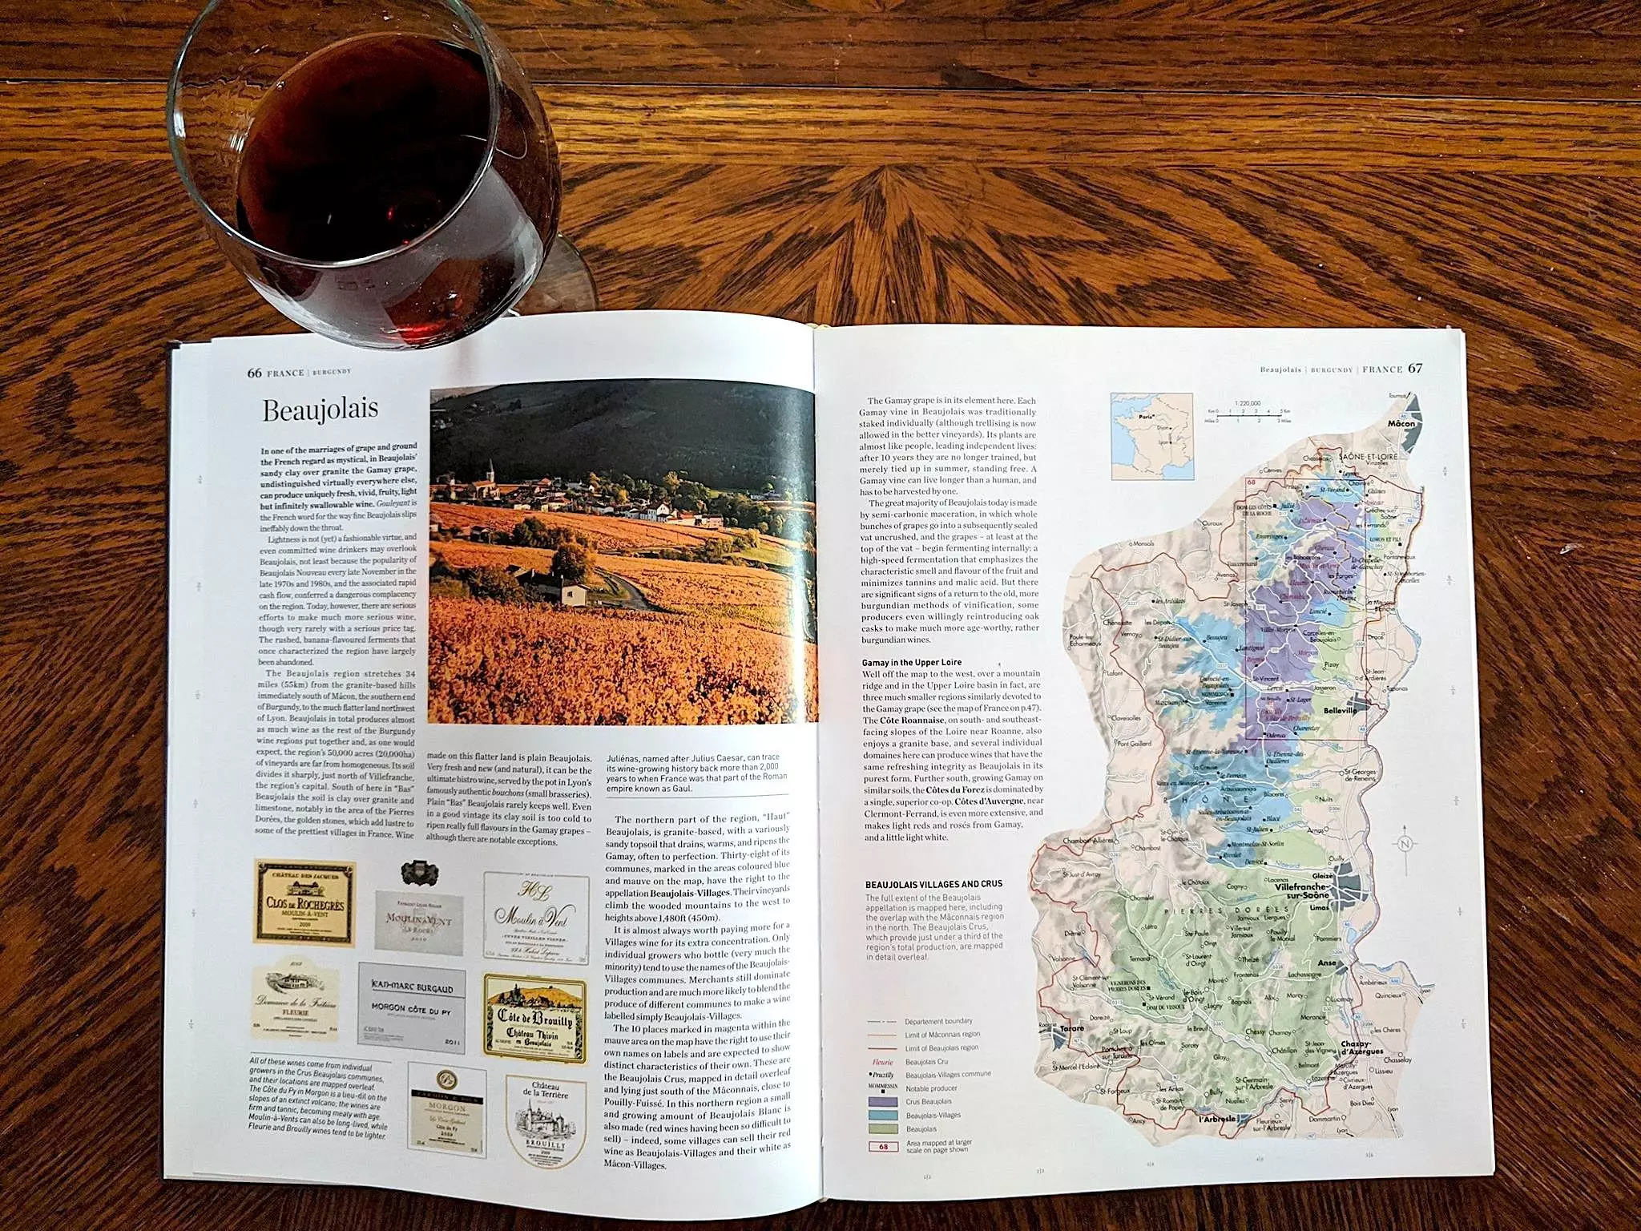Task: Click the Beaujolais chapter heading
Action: pos(320,410)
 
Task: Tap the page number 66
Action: pos(254,373)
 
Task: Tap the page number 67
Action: pos(1415,369)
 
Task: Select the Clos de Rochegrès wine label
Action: pos(304,902)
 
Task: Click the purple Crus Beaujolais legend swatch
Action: pos(882,1101)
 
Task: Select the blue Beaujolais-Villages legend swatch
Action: pos(882,1115)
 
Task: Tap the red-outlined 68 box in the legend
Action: pos(883,1146)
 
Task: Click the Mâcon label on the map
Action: pos(1401,423)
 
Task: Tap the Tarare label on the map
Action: pos(1071,1028)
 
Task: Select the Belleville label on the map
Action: pos(1340,711)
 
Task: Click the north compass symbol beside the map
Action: pos(1405,844)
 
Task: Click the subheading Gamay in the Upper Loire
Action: pos(912,663)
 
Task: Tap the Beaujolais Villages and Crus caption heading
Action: pos(933,884)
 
